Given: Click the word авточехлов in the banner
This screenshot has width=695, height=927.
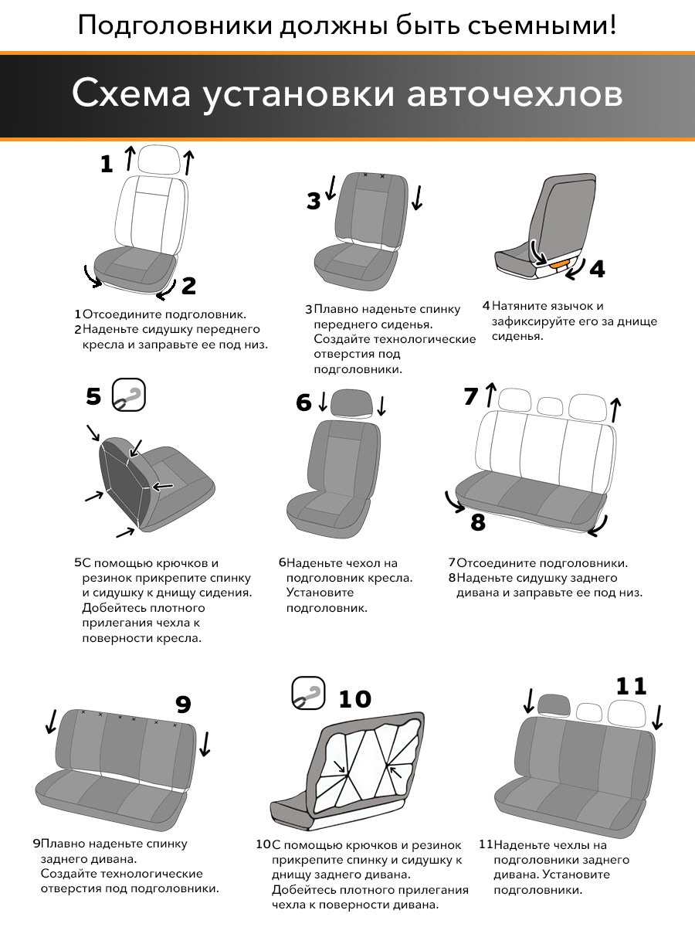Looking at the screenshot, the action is [x=514, y=93].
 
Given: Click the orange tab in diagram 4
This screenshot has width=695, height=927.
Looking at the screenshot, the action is [x=558, y=264].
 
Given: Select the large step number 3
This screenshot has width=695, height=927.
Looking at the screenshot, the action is [x=314, y=201].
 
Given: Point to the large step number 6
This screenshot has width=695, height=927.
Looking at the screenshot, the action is [x=303, y=402].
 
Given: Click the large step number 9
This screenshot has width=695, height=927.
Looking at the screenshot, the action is [x=183, y=704].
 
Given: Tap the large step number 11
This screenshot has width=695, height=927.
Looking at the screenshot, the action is [x=631, y=686].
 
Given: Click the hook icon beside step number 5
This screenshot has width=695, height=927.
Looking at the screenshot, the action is [x=129, y=395].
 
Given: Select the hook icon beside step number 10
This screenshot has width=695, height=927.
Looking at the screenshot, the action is [x=308, y=694].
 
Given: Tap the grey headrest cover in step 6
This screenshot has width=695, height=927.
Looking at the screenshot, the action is [x=351, y=403].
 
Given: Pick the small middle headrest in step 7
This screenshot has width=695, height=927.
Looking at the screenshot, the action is [x=550, y=406].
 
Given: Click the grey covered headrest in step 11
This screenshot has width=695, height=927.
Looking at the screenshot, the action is [x=554, y=706].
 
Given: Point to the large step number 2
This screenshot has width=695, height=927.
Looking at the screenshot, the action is [x=188, y=286].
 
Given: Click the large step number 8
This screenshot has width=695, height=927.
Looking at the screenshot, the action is [x=478, y=522].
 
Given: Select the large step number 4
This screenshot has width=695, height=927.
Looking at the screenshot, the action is [x=597, y=269].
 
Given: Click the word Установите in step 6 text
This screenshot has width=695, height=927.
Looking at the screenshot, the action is [x=320, y=593].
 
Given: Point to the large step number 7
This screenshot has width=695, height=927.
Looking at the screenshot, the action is [x=471, y=396].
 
